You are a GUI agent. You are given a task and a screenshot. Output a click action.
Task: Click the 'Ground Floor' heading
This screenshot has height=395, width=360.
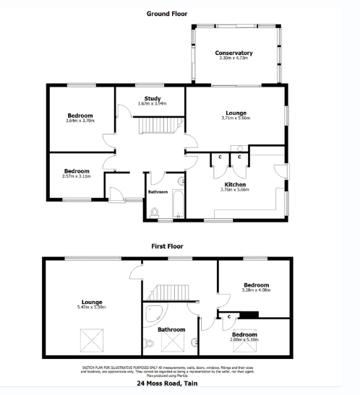click(x=168, y=13)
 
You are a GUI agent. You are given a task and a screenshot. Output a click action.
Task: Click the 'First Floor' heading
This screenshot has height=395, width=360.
click(x=169, y=246)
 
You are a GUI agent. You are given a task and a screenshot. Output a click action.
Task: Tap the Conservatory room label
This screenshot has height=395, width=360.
click(x=233, y=53)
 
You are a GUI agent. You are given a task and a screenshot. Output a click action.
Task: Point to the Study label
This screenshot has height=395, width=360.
click(x=153, y=98)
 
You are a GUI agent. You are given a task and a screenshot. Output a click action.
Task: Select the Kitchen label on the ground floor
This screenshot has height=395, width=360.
click(x=236, y=185)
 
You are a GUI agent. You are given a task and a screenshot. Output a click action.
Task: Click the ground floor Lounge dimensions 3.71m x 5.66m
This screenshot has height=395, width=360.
click(x=236, y=118)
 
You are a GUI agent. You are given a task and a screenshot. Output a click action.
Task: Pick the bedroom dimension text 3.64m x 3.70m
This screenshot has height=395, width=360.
click(x=80, y=121)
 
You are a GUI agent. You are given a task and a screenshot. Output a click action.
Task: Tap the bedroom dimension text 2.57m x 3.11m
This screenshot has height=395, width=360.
click(x=76, y=177)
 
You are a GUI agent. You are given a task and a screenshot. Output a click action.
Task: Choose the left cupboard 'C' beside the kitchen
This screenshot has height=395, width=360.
click(x=219, y=157)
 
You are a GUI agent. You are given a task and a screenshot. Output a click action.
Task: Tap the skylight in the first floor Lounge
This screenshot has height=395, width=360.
click(x=92, y=337)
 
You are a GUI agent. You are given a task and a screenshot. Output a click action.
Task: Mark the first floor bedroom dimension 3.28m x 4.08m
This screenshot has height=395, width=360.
click(x=256, y=290)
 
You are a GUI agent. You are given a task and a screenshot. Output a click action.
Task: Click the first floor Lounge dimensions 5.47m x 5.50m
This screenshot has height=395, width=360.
click(x=92, y=308)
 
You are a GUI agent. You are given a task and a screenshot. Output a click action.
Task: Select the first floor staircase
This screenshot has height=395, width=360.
click(x=169, y=292)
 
